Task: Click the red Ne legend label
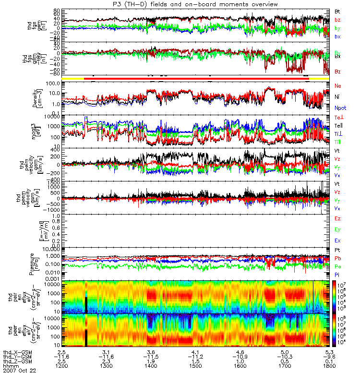(x=337, y=85)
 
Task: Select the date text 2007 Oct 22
(x=19, y=371)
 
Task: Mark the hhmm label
(x=10, y=366)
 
